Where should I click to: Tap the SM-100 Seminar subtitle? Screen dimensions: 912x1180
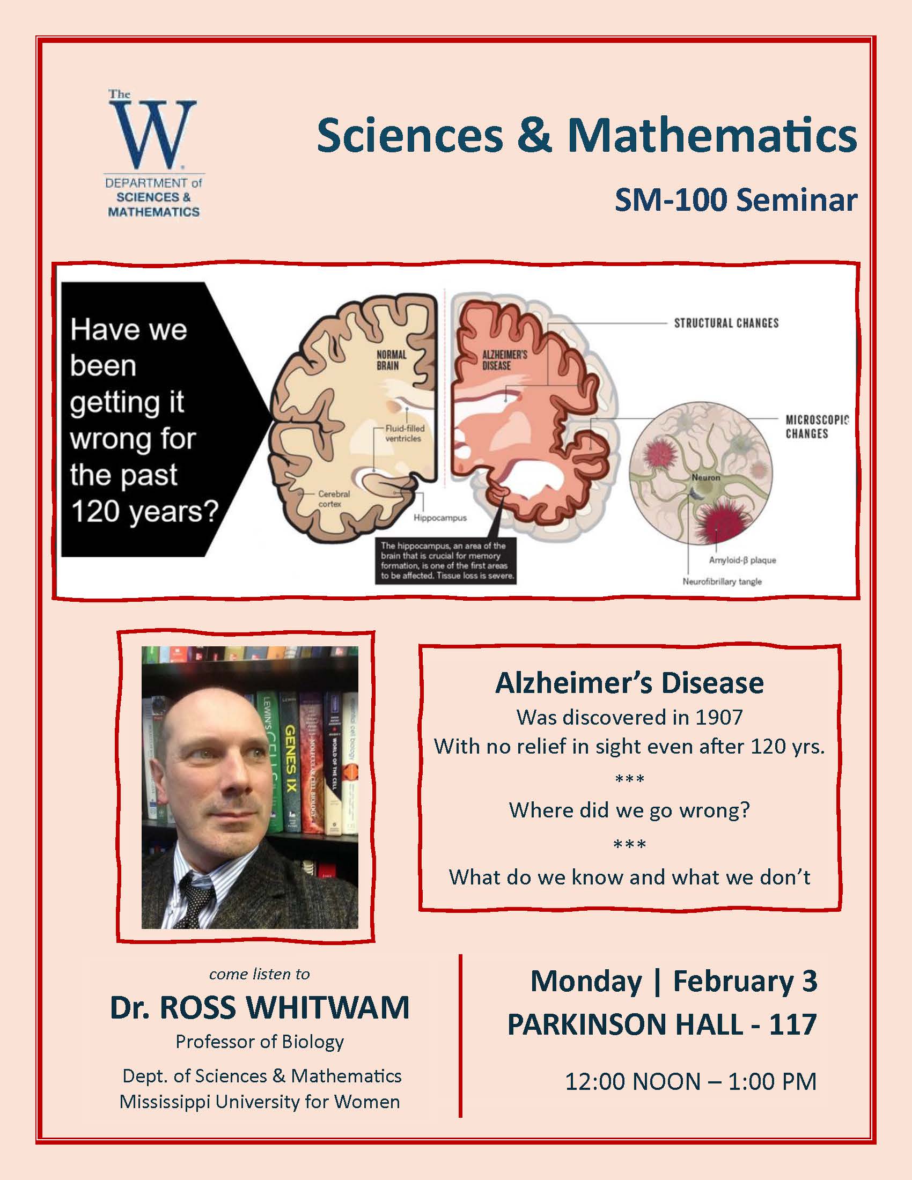736,201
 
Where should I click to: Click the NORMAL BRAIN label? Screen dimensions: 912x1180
391,360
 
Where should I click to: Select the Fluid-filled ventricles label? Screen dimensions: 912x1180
404,433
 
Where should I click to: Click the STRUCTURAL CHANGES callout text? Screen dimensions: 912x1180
726,323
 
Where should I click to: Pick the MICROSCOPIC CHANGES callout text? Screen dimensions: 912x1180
817,427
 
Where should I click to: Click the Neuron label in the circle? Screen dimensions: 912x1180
705,477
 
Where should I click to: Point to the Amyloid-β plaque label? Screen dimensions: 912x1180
742,560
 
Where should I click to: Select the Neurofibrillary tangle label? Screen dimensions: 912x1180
722,581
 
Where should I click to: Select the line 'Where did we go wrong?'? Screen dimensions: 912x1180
629,810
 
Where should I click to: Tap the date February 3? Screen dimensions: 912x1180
745,980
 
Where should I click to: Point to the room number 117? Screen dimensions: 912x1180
792,1024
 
